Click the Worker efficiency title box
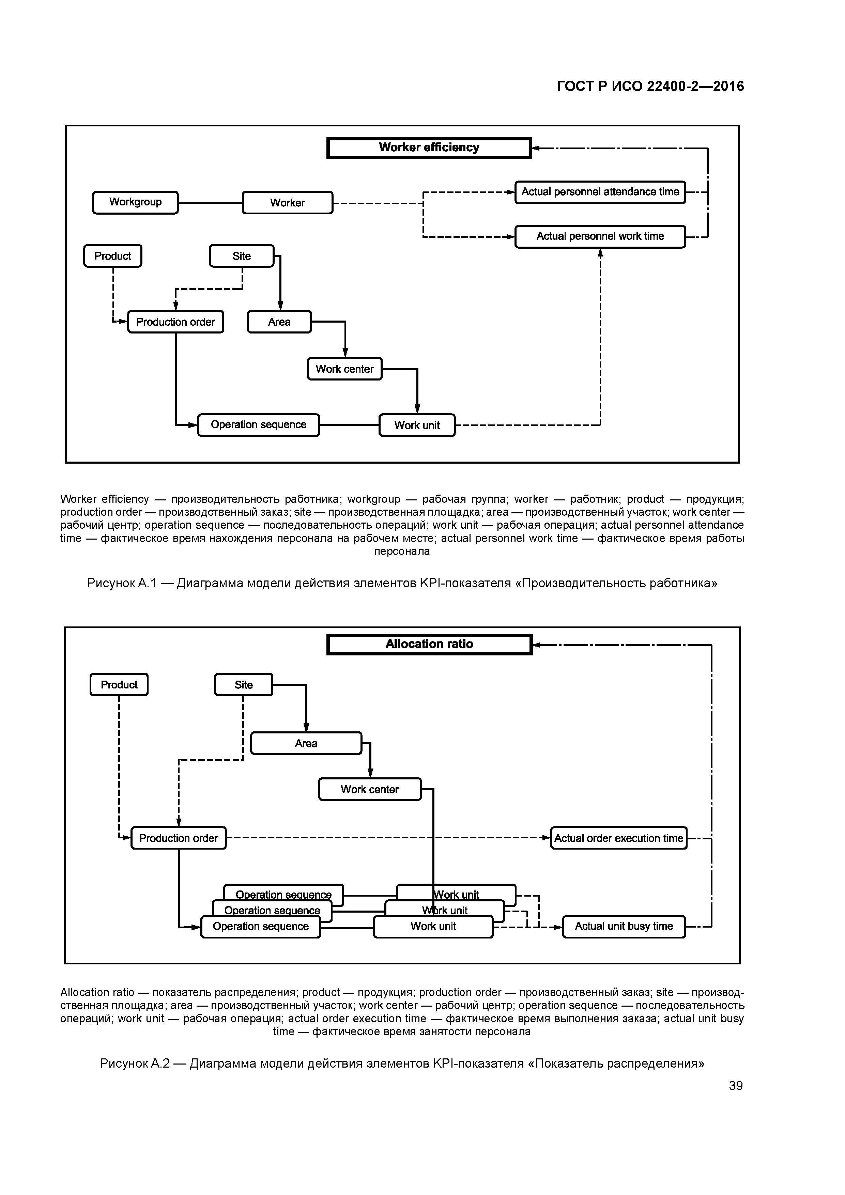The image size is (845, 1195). (429, 148)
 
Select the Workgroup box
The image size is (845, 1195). (135, 202)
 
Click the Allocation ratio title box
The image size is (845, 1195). (429, 645)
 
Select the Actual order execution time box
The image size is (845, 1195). (618, 838)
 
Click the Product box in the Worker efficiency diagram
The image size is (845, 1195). (112, 256)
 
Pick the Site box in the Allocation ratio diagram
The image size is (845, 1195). (243, 685)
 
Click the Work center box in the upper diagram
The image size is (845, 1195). (345, 369)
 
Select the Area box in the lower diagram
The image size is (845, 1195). (306, 743)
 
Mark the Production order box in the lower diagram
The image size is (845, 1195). (179, 838)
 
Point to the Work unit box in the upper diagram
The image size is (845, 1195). (417, 425)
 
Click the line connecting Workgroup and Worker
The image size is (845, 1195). (210, 203)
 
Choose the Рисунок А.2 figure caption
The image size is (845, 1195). (402, 1063)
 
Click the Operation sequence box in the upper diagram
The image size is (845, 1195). (258, 425)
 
